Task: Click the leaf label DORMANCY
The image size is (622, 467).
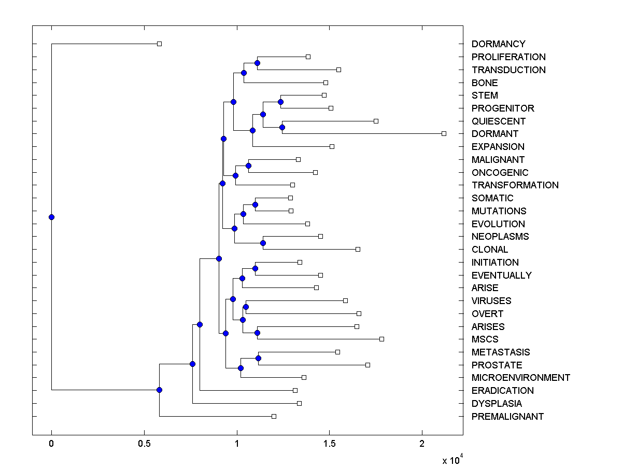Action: tap(498, 44)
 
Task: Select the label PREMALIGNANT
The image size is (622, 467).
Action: tap(507, 416)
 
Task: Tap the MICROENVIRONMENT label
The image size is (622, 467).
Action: tap(520, 378)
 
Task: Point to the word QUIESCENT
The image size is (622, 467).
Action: tap(498, 121)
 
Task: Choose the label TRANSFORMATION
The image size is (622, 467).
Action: tap(515, 185)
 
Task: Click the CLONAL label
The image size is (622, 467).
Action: tap(489, 250)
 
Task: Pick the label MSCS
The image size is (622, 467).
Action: tap(485, 339)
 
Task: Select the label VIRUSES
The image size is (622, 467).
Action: tap(491, 301)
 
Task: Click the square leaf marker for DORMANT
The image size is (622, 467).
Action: tap(444, 133)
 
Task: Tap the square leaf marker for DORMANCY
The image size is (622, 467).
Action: tap(159, 44)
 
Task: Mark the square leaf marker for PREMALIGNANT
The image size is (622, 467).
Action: tap(274, 416)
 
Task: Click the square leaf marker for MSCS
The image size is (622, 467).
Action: tap(381, 339)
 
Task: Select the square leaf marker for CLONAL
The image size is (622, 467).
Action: tap(358, 249)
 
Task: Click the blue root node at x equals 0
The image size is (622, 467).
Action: tap(51, 217)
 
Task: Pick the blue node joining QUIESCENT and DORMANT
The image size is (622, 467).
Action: tap(282, 127)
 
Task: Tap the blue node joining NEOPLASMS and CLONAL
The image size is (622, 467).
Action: tap(263, 243)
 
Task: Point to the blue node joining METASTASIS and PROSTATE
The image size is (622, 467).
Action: tap(258, 358)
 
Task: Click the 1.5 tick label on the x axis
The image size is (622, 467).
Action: tap(329, 444)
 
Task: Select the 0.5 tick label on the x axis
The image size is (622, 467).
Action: tap(144, 444)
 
